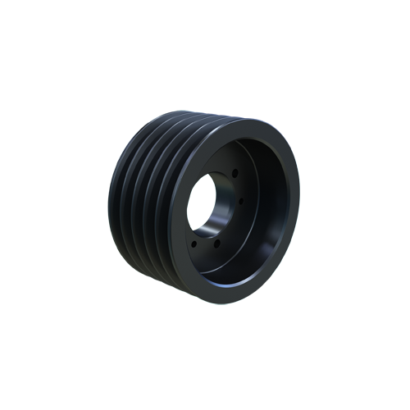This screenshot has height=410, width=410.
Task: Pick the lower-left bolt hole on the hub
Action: tap(194, 242)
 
